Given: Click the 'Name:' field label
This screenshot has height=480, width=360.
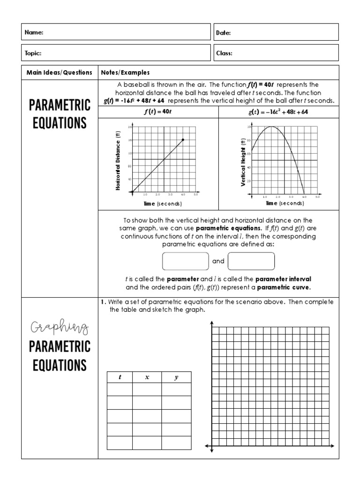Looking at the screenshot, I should (34, 32).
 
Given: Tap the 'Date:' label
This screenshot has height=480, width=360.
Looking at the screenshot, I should (223, 32).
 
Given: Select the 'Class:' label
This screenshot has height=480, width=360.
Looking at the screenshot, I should (224, 53).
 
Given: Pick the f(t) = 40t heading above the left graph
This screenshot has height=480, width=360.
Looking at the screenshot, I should (158, 112).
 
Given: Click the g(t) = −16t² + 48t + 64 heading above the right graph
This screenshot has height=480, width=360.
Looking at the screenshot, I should (278, 112).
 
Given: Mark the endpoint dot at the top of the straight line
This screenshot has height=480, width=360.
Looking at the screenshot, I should (183, 140).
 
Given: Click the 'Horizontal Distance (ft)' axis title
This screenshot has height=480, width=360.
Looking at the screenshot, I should (119, 160).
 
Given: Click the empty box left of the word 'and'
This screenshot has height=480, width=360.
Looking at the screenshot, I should (185, 261).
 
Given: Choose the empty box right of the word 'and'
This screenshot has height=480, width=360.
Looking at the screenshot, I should (251, 261).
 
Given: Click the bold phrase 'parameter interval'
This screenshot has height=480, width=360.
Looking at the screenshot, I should (283, 278).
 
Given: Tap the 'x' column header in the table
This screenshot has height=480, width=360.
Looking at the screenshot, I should (147, 377).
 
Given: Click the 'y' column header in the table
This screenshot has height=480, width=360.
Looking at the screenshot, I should (176, 377).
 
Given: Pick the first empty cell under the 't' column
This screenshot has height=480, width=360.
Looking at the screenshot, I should (120, 390).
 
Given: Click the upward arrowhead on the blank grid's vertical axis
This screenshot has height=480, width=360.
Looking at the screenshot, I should (212, 323).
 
